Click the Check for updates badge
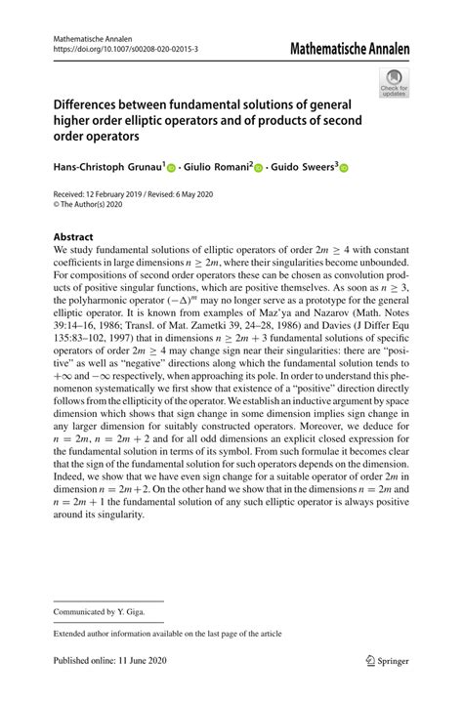coord(396,85)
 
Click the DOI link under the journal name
coord(126,46)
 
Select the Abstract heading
coord(73,237)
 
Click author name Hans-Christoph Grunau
coord(107,167)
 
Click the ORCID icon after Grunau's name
coord(172,168)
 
